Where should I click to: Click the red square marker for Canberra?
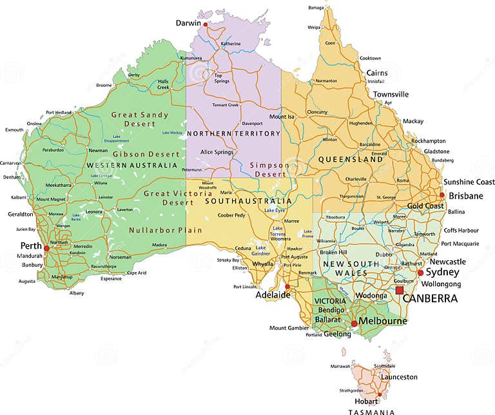[x=400, y=291]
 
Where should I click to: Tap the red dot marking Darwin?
[x=206, y=24]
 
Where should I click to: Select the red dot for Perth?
[x=46, y=247]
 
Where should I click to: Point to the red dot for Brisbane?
[x=442, y=195]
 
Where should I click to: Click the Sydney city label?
[x=442, y=273]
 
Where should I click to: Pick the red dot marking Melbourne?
[x=354, y=323]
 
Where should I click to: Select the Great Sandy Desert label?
[x=140, y=119]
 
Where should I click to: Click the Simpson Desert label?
[x=270, y=169]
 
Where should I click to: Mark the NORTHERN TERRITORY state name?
[x=233, y=134]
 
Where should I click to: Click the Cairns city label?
[x=377, y=73]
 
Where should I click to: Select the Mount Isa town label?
[x=282, y=117]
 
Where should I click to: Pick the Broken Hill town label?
[x=334, y=252]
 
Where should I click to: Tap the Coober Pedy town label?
[x=231, y=215]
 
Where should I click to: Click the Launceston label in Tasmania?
[x=399, y=377]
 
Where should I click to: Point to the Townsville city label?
[x=391, y=94]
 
